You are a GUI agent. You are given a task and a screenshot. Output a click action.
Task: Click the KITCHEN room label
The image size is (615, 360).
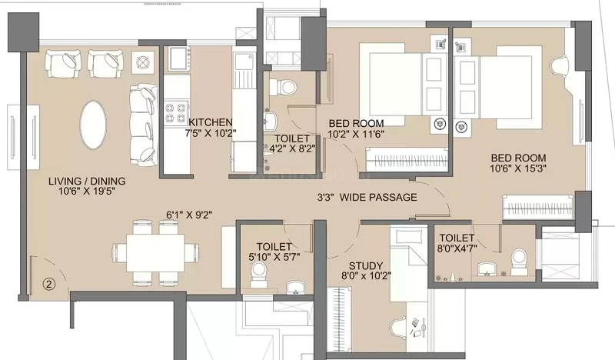211,122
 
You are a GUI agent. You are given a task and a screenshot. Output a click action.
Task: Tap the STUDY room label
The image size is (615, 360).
366,266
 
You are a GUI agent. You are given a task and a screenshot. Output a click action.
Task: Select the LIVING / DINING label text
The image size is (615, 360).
87,181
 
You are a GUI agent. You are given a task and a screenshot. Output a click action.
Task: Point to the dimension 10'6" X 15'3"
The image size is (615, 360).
518,168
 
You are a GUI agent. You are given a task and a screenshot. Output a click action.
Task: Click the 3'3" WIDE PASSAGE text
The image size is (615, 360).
367,197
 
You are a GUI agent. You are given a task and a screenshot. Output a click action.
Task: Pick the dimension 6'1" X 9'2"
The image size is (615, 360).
189,215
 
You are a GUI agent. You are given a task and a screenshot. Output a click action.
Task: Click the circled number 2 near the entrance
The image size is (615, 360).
48,284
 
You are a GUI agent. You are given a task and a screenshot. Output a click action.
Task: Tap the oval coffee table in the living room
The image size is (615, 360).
92,125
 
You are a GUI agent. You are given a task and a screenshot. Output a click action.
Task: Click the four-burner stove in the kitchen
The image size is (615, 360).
176,113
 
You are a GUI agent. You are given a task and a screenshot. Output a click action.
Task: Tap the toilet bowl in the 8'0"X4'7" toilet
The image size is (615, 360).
520,261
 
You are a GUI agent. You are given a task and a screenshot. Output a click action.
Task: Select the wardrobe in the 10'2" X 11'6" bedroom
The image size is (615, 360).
407,160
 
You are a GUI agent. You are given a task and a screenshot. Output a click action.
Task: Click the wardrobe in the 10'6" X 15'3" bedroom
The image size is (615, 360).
537,206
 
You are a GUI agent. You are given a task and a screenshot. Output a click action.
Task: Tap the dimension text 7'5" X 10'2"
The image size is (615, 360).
211,133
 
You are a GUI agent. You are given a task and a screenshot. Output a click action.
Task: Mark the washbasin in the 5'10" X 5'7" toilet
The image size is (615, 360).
295,288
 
